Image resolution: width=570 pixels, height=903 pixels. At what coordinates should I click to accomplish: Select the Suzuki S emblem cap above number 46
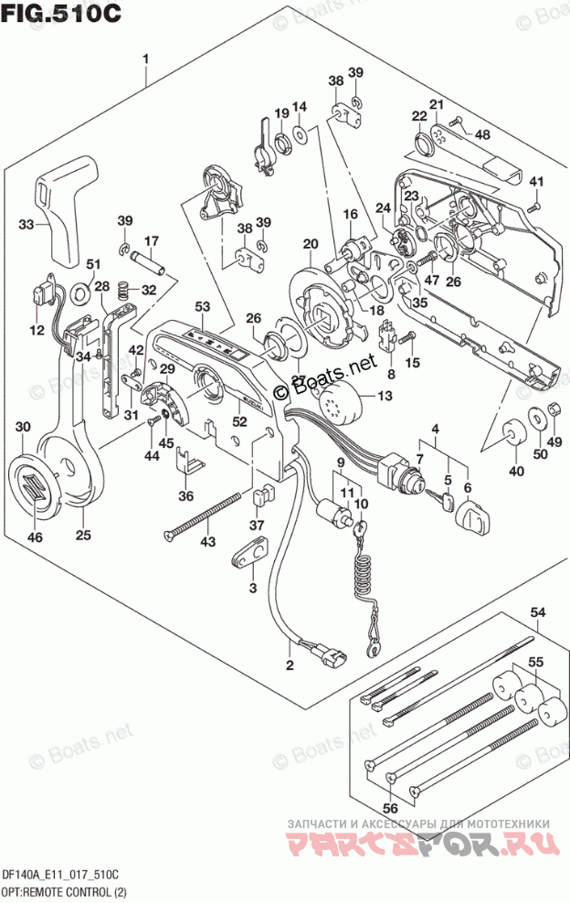(x=34, y=483)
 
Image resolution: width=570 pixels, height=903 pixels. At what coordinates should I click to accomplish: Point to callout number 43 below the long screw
(x=209, y=543)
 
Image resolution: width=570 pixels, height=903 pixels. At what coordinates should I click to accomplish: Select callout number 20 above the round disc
(x=311, y=243)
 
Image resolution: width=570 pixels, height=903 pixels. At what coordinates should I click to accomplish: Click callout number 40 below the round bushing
(x=517, y=471)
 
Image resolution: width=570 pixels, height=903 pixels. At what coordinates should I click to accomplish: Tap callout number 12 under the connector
(x=37, y=329)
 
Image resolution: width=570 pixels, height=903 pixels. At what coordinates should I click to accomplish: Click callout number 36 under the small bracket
(x=186, y=496)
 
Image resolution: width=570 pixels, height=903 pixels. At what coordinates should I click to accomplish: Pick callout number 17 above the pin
(x=152, y=241)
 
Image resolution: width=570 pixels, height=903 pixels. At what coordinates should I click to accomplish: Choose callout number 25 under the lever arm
(x=83, y=536)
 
